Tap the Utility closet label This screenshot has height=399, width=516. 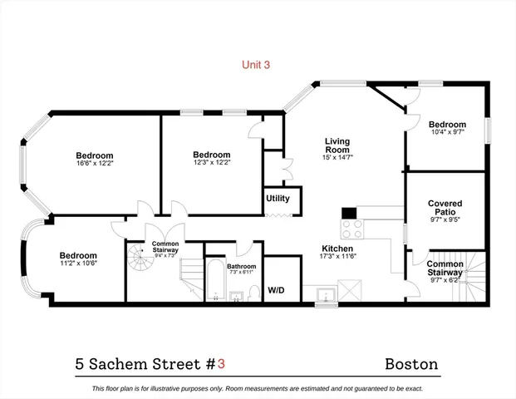click(277, 199)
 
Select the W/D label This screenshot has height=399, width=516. click(276, 290)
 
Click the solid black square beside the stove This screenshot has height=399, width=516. click(349, 212)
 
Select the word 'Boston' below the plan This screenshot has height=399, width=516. click(411, 364)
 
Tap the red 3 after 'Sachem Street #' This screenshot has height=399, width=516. click(222, 364)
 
